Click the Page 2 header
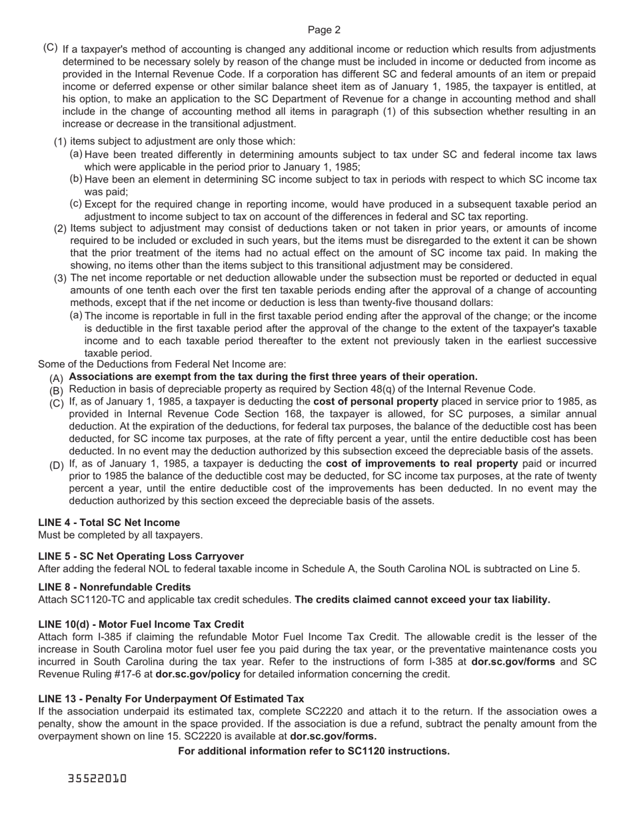pyautogui.click(x=324, y=30)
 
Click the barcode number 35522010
pyautogui.click(x=97, y=778)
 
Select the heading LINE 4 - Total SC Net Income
pyautogui.click(x=109, y=522)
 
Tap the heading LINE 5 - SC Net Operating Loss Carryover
pyautogui.click(x=141, y=556)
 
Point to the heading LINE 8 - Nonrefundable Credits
pyautogui.click(x=114, y=587)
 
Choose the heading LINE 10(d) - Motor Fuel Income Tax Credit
pyautogui.click(x=141, y=624)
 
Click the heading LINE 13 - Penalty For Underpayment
pyautogui.click(x=171, y=699)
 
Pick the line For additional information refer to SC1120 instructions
pyautogui.click(x=314, y=751)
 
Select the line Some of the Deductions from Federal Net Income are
pyautogui.click(x=162, y=364)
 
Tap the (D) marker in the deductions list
pyautogui.click(x=57, y=465)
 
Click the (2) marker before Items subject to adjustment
pyautogui.click(x=60, y=229)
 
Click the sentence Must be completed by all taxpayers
pyautogui.click(x=120, y=535)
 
